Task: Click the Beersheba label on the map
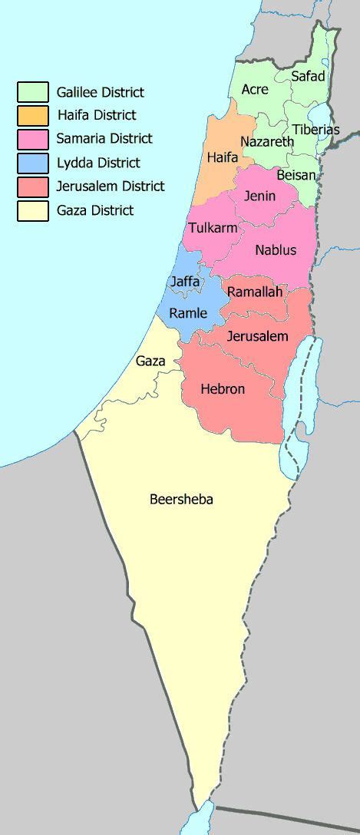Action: [181, 500]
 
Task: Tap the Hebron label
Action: [223, 389]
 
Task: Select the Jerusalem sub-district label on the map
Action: [257, 336]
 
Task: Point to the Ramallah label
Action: [255, 292]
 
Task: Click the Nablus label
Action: [276, 250]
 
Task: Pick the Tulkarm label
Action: [212, 228]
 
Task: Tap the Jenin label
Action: [259, 196]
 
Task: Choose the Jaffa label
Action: [185, 282]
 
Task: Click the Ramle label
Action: [188, 312]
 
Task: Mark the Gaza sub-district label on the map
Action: [150, 361]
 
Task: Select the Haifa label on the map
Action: [223, 157]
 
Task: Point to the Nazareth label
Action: [267, 142]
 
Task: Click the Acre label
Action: [255, 90]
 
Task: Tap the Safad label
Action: [308, 76]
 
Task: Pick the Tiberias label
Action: [315, 130]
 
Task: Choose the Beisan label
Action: [296, 175]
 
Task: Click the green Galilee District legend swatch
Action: [33, 92]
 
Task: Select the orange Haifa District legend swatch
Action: [33, 115]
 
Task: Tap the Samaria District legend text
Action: [104, 139]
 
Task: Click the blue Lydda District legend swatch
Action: [33, 163]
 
